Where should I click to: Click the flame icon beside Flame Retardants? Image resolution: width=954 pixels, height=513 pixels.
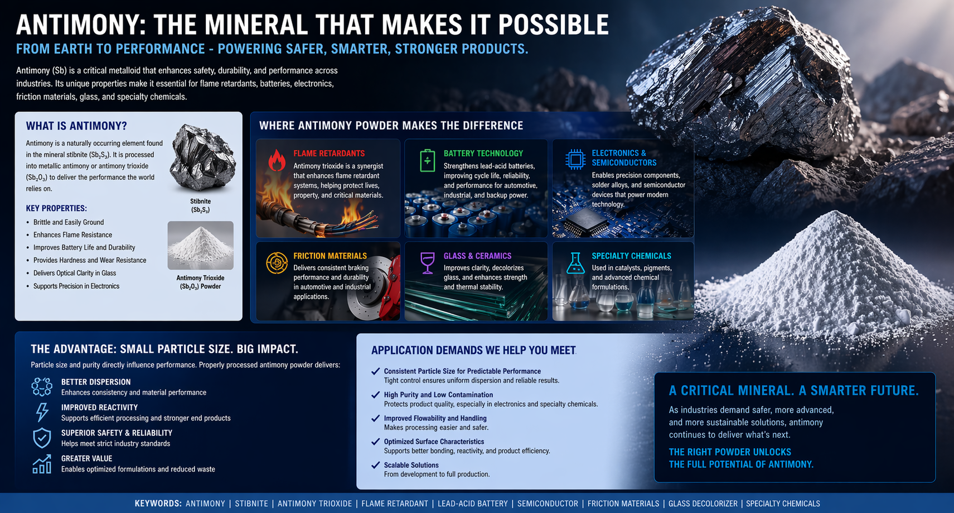[277, 160]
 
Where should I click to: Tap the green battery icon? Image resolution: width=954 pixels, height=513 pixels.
[427, 160]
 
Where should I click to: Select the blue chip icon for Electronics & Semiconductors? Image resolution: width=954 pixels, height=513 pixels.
[575, 160]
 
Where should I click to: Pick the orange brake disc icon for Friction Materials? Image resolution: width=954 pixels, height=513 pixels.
[277, 263]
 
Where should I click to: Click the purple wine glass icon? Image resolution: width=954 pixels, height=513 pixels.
[427, 262]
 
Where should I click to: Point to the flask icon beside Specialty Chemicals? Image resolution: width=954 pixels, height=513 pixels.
[575, 262]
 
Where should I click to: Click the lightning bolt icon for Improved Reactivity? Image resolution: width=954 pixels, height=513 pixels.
[42, 412]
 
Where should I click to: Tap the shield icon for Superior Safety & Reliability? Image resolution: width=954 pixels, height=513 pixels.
[42, 438]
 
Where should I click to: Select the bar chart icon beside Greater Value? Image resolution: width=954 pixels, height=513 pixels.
[42, 464]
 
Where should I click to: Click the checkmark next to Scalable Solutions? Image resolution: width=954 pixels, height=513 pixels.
[376, 465]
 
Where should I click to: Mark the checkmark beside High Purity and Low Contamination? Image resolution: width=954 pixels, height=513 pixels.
[376, 395]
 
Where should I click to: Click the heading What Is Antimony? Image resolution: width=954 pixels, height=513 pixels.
[76, 126]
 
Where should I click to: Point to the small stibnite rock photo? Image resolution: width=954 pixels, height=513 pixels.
[202, 159]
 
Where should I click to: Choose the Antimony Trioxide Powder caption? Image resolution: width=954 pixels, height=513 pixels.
[200, 282]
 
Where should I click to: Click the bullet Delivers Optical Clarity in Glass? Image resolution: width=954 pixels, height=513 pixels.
[75, 273]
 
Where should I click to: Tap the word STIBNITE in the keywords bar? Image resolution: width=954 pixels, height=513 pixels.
[251, 504]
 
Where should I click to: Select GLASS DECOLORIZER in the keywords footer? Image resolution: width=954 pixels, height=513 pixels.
[703, 504]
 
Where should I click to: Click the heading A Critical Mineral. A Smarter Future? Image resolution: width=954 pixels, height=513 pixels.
[793, 391]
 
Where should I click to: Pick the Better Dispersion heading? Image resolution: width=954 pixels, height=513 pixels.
[96, 382]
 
